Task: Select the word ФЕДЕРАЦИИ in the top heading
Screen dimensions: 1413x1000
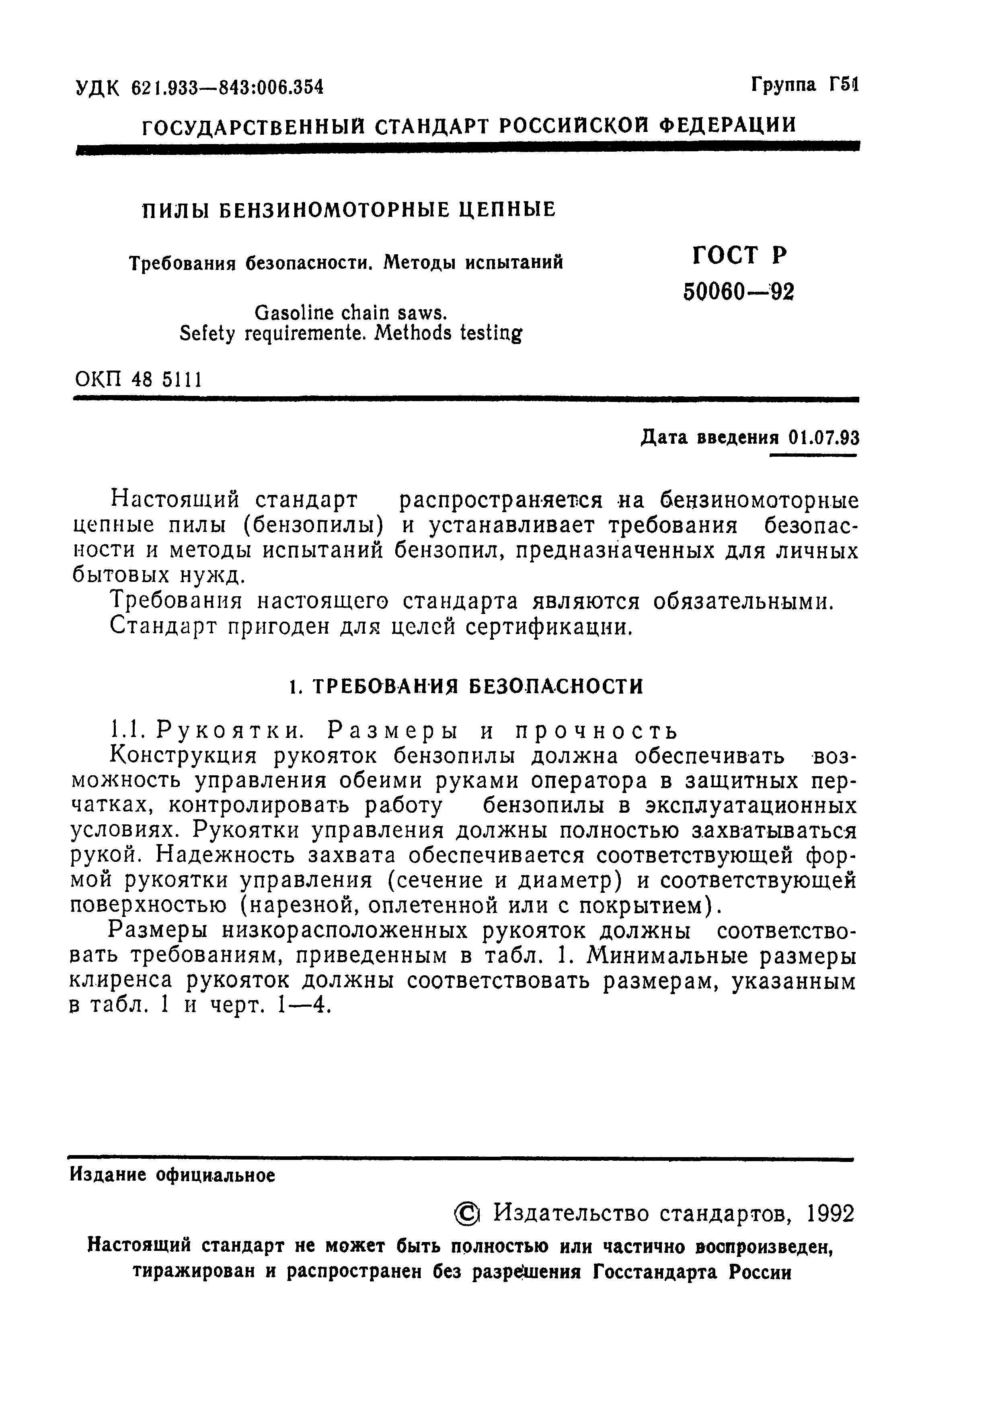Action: (x=727, y=125)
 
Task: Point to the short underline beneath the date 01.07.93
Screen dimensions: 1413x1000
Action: (x=814, y=455)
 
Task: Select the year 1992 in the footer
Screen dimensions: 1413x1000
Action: (x=831, y=1213)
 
